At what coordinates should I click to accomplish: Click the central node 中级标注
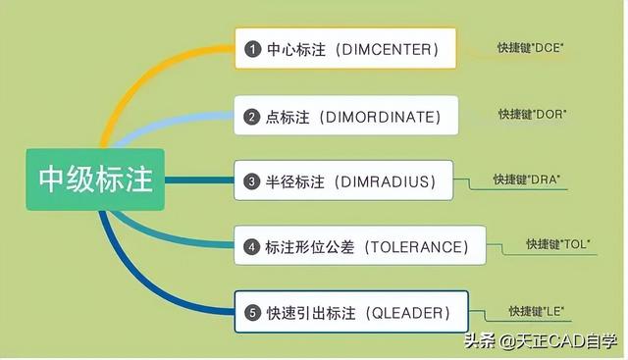[95, 180]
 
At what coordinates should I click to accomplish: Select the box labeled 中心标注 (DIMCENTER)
[345, 48]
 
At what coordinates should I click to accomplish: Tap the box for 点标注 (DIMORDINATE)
[345, 116]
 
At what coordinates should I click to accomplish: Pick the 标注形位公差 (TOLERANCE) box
[359, 245]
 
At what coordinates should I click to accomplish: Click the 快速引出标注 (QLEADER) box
[351, 313]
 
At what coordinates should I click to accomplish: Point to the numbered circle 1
[252, 48]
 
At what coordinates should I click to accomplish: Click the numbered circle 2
[252, 116]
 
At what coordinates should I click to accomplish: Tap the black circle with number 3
[252, 181]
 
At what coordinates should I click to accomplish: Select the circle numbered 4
[252, 246]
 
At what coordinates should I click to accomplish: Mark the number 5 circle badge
[252, 313]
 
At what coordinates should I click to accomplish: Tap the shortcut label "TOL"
[557, 243]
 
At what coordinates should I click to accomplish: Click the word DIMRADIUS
[385, 181]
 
